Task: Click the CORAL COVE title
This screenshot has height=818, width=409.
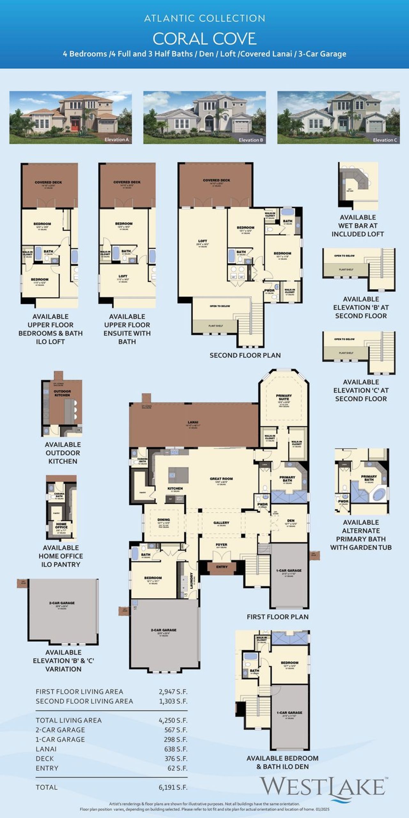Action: click(204, 39)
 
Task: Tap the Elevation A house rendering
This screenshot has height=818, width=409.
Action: click(70, 117)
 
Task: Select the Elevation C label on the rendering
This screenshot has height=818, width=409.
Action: click(385, 140)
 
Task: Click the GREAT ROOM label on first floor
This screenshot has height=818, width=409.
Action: click(221, 479)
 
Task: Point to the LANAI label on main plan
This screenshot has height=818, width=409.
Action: click(193, 422)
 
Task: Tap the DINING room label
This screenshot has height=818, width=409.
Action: click(164, 520)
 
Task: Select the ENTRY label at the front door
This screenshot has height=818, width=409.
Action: click(222, 567)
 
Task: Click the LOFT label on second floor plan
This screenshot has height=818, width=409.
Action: click(203, 241)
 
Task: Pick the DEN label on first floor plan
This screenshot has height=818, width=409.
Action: click(291, 521)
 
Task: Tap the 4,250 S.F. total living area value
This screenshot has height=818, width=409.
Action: click(173, 720)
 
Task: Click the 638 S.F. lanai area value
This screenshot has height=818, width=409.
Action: click(175, 749)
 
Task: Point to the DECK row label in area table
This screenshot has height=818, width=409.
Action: click(45, 759)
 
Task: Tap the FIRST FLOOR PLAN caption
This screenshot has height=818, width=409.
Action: click(277, 617)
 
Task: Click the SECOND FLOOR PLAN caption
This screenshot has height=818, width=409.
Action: click(245, 355)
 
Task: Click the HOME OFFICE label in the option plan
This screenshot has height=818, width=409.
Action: click(61, 526)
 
